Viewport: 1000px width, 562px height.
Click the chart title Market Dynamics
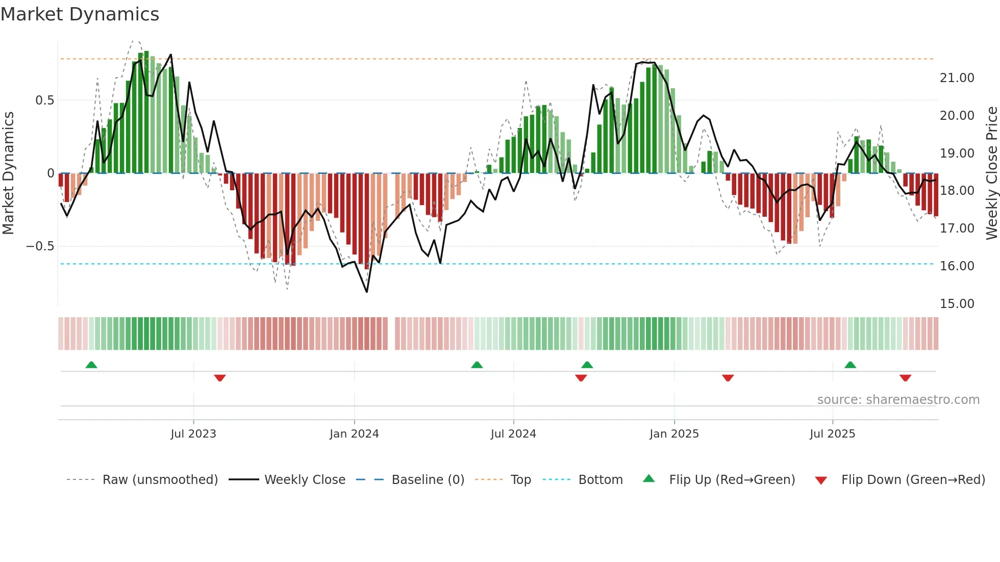80,14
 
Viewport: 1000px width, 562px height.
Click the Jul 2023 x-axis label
193,434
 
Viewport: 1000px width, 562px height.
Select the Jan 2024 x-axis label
354,434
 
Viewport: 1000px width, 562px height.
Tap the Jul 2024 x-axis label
513,434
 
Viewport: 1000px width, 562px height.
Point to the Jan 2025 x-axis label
674,434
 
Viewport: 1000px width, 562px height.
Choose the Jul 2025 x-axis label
832,434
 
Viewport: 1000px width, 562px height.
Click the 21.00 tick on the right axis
957,78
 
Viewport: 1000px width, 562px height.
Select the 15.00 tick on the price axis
957,304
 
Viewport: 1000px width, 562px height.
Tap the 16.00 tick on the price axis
957,266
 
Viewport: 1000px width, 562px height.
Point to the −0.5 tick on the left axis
40,246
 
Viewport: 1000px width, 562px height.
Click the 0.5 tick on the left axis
44,100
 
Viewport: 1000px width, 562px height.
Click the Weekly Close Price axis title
991,173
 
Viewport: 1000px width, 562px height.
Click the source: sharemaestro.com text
898,400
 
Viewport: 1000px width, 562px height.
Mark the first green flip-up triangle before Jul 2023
91,365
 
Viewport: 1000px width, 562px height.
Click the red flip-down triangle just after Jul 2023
220,378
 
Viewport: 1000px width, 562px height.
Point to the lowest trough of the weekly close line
367,292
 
